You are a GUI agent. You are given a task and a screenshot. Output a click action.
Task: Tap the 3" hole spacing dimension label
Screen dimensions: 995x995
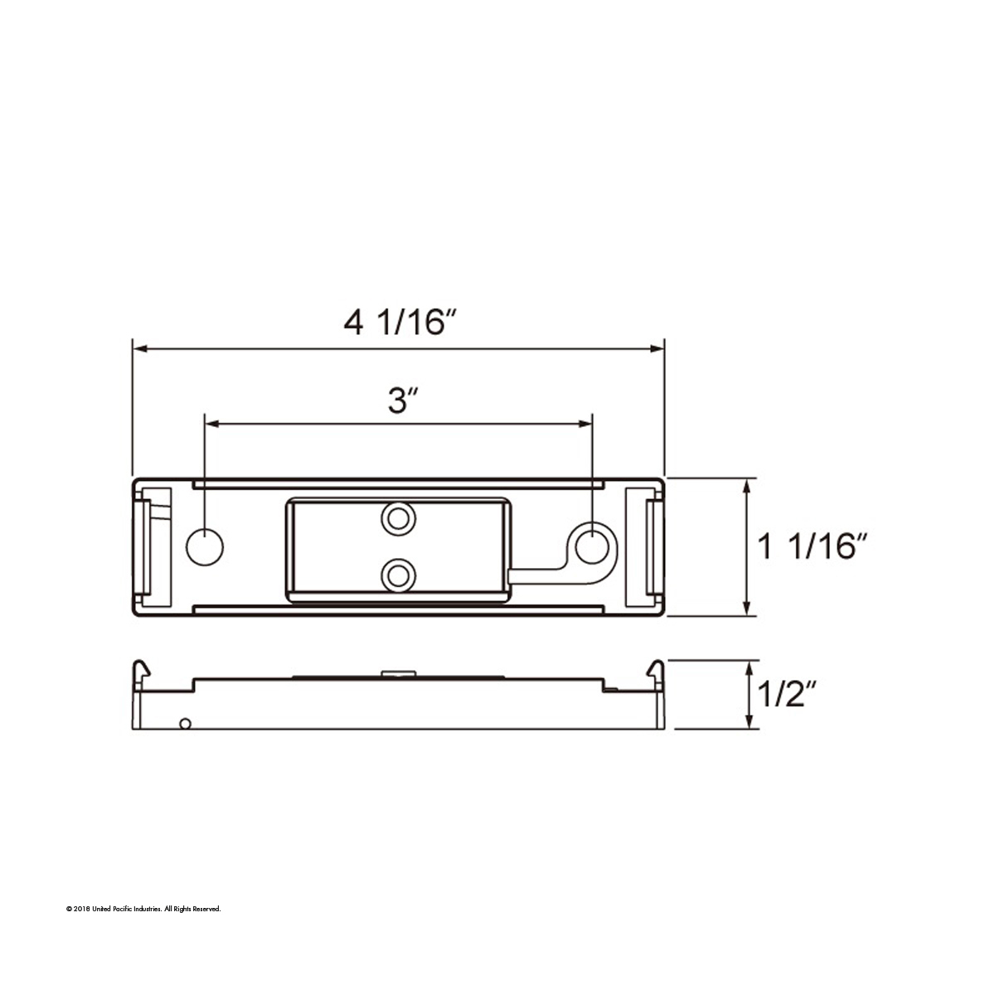(x=400, y=400)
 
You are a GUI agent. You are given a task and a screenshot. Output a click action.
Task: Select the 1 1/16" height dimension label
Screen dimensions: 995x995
(x=813, y=547)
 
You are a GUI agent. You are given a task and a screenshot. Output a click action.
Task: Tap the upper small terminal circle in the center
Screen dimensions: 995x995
(x=399, y=519)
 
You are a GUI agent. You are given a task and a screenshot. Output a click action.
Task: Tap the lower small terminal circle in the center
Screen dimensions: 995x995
(x=399, y=573)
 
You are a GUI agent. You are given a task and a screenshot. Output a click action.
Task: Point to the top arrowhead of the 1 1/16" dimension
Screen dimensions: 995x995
(x=749, y=485)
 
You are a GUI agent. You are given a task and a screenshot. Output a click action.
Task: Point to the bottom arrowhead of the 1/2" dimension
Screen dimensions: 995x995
(x=750, y=723)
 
